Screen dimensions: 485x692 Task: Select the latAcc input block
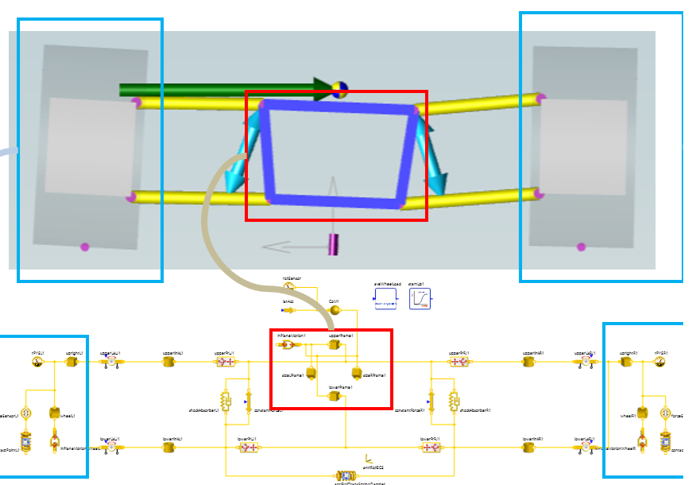[287, 310]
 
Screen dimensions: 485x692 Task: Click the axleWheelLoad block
[385, 299]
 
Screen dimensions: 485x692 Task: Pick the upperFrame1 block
[334, 344]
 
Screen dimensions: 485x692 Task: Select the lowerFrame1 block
[334, 395]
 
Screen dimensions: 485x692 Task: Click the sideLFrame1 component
[311, 373]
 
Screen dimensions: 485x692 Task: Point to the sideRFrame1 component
[356, 371]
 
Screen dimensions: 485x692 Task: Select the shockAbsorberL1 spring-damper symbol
[226, 401]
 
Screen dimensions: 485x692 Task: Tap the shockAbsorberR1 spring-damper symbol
[454, 401]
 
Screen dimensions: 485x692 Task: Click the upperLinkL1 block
[168, 362]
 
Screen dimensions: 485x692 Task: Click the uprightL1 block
[71, 362]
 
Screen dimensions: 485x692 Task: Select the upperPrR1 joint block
[458, 362]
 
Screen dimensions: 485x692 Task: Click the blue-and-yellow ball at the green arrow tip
[339, 88]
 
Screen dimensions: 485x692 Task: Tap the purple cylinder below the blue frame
[334, 244]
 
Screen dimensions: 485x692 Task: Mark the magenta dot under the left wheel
[85, 247]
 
